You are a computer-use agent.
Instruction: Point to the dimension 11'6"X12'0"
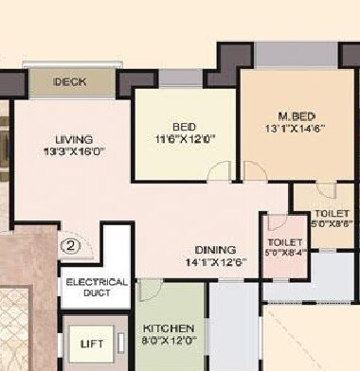click(x=186, y=138)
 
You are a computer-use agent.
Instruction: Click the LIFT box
click(x=91, y=343)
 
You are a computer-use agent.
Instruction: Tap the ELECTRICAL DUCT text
click(x=96, y=288)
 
